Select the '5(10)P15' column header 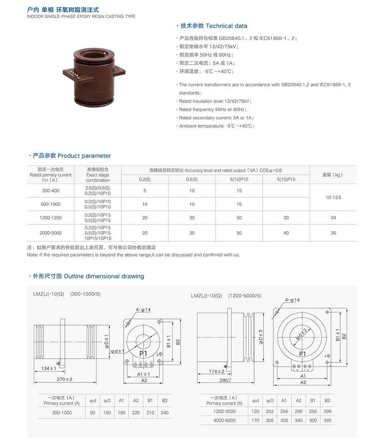coord(286,179)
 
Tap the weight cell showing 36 coord(333,233)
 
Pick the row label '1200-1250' coord(51,218)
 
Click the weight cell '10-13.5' coord(333,197)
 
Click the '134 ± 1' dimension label coord(49,368)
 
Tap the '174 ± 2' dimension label coord(217,371)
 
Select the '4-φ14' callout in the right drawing coord(292,300)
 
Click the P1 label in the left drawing coord(143,353)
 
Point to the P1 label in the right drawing coord(302,354)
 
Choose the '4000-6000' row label coord(225,420)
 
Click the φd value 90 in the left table coord(93,412)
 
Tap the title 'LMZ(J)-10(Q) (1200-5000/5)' coord(226,296)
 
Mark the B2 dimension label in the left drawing coord(178,342)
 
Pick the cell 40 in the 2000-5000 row coord(286,233)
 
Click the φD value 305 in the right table coord(270,420)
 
